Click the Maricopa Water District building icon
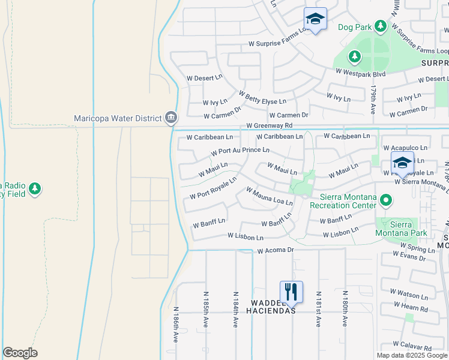171,116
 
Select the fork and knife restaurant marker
291,292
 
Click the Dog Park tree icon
380,26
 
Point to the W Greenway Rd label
269,125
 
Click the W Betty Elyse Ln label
262,98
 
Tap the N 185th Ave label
205,309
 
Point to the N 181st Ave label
317,310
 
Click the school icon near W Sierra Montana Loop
402,163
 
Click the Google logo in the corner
20,353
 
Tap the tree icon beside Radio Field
35,189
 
